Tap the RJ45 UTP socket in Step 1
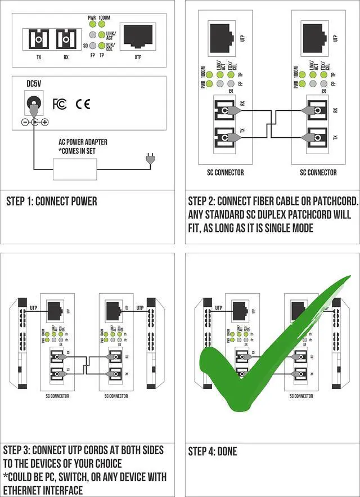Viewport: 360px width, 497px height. (138, 37)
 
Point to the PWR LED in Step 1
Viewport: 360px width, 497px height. (92, 25)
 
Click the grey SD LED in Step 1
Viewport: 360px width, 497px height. (92, 45)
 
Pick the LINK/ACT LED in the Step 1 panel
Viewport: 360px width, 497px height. (101, 35)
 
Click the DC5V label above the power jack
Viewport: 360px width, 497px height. (34, 84)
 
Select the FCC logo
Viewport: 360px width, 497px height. (60, 104)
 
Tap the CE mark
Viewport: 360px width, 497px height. (83, 104)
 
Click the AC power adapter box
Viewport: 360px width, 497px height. (75, 169)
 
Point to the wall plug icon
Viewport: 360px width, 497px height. (149, 160)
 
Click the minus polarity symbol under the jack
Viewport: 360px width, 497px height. (25, 122)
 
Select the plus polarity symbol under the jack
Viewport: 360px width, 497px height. (44, 122)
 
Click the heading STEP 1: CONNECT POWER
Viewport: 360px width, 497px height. (51, 202)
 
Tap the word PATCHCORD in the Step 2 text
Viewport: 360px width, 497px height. (330, 202)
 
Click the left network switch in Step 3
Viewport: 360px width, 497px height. (22, 343)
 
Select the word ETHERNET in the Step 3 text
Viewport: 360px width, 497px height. (28, 490)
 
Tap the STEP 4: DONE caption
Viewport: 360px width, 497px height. (213, 451)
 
